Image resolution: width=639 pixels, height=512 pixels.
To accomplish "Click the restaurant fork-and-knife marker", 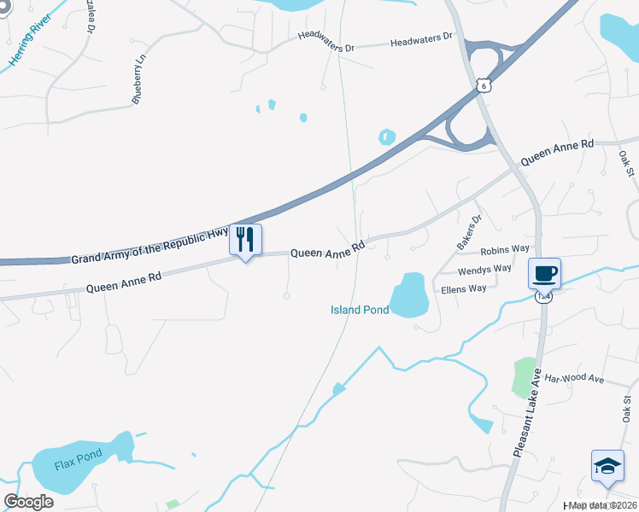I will coord(246,239).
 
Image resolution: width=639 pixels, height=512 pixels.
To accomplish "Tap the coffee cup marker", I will coord(544,274).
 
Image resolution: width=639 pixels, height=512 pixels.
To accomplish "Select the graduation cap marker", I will coord(607,466).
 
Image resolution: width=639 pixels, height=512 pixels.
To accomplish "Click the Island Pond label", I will coord(360,310).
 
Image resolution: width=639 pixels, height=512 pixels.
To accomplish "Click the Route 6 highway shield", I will coord(484,85).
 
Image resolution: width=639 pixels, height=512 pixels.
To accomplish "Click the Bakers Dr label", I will coord(469,232).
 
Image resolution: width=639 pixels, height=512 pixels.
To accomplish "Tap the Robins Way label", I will coord(505,251).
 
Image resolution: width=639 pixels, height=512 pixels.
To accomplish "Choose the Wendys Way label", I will coord(484,270).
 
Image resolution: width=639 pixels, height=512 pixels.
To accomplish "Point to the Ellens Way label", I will coord(463,289).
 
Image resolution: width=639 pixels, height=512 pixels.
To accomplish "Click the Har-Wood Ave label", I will coord(573,378).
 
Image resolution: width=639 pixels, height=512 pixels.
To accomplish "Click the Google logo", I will coord(28,501).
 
